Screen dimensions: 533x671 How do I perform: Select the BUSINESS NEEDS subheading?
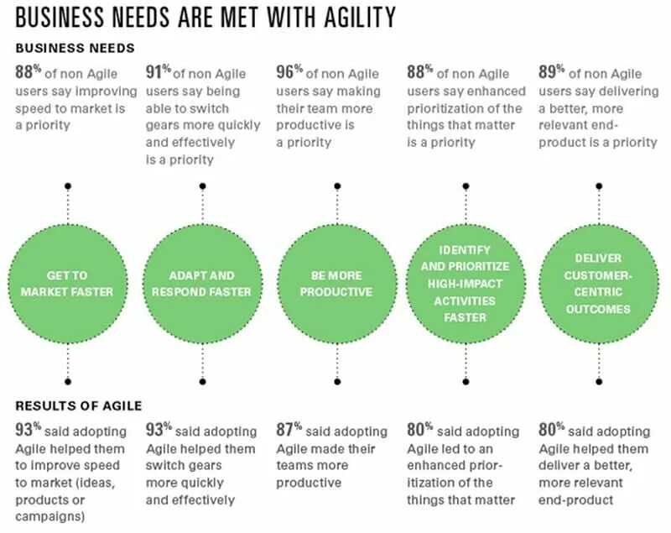(x=75, y=48)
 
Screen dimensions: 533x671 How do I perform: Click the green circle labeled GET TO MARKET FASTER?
(x=68, y=283)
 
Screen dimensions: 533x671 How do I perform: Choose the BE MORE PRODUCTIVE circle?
(x=335, y=283)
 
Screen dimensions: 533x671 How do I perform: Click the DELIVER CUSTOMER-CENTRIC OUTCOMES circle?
(x=597, y=283)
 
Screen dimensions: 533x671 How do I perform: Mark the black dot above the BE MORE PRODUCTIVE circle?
(x=337, y=186)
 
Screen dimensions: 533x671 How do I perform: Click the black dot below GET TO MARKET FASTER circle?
(x=68, y=380)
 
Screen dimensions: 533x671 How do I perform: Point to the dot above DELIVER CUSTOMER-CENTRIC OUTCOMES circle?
(x=597, y=186)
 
